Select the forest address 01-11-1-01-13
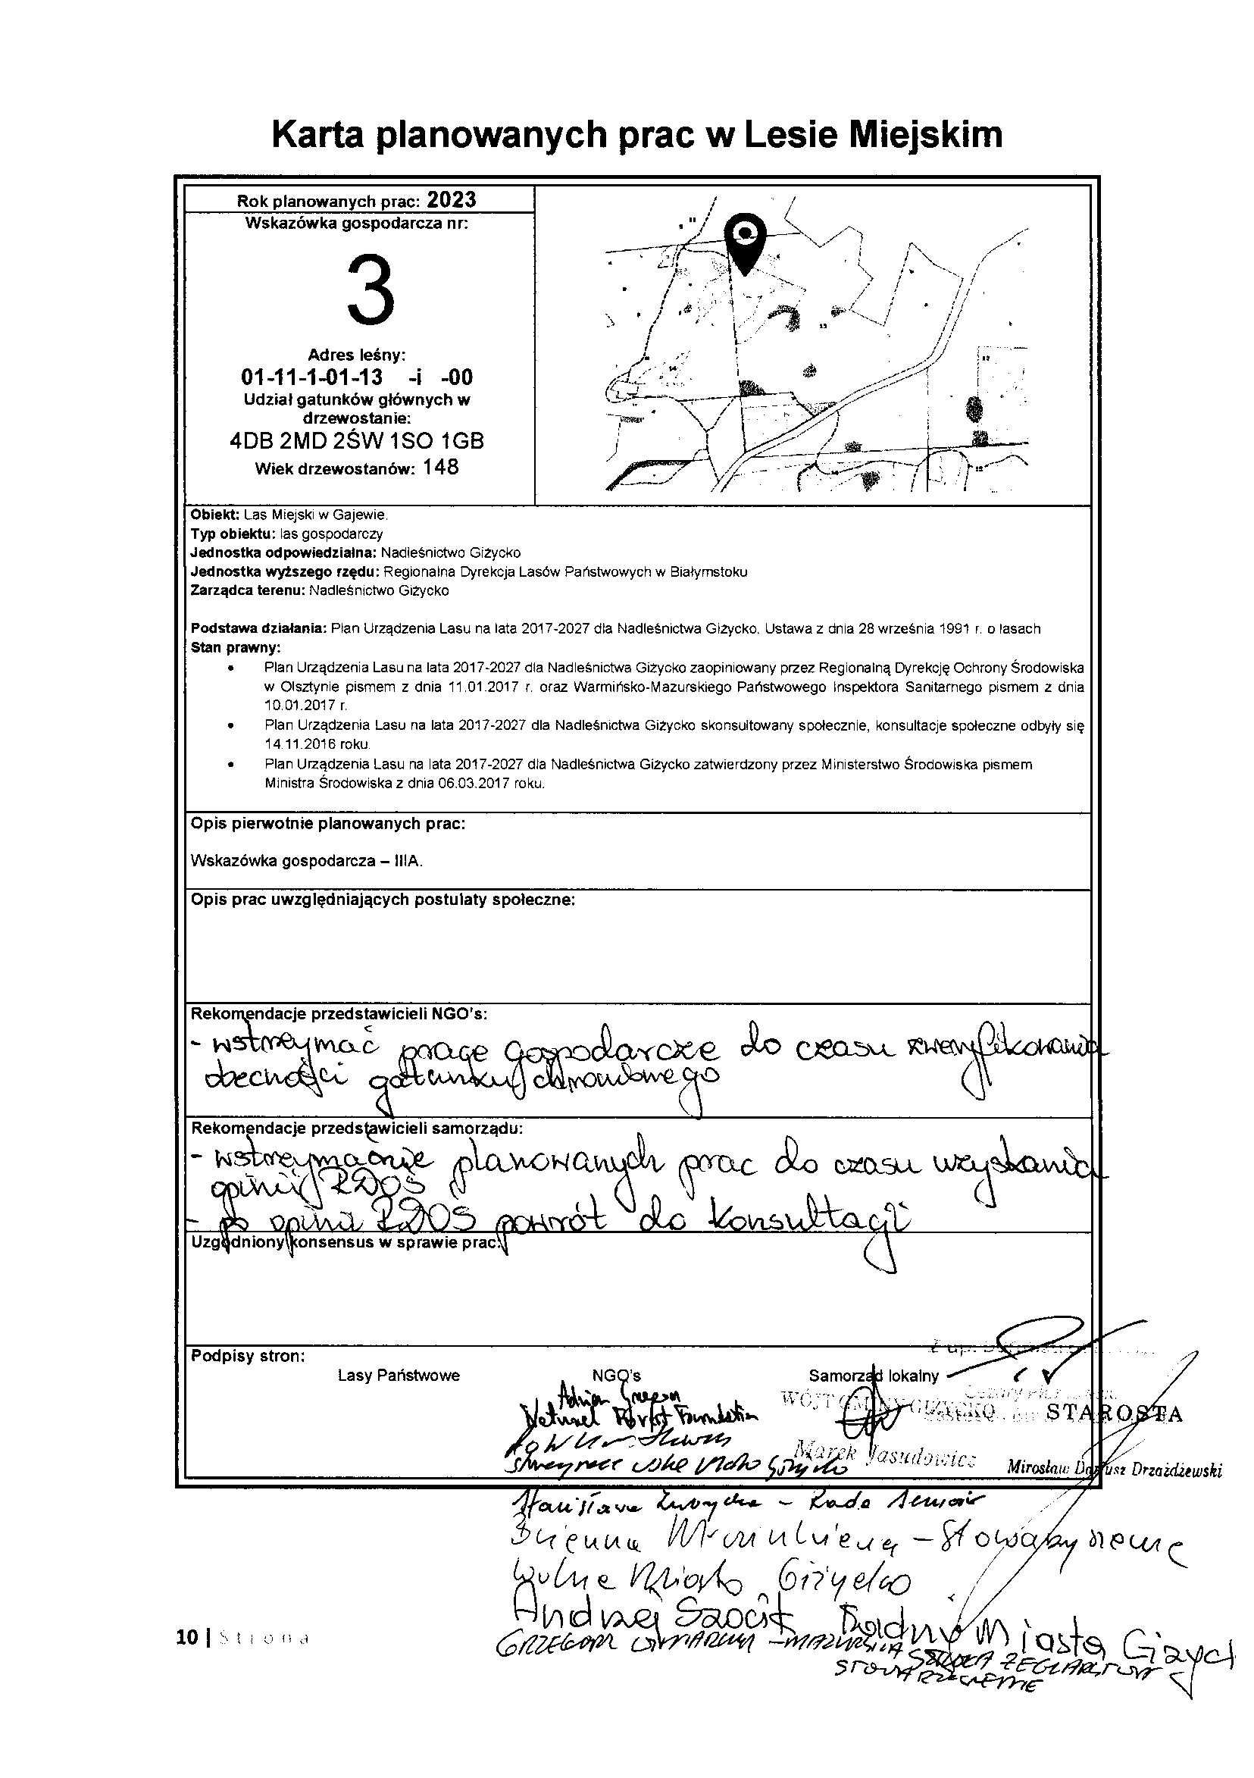click(x=312, y=377)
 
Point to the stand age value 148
click(x=440, y=468)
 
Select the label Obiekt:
click(x=215, y=515)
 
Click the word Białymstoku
click(x=713, y=572)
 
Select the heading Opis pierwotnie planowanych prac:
click(x=327, y=823)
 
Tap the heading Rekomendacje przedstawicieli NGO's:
click(x=339, y=1014)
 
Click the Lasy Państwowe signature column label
click(x=399, y=1376)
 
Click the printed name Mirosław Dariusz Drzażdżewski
click(x=1114, y=1470)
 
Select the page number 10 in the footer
click(x=186, y=1638)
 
